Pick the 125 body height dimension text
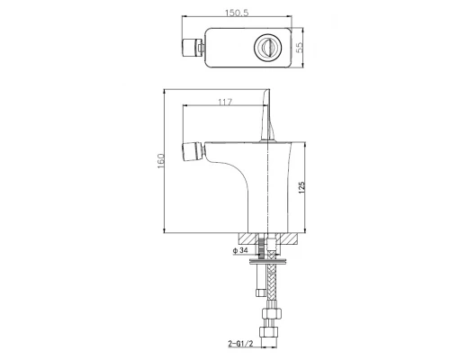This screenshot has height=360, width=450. click(302, 188)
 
